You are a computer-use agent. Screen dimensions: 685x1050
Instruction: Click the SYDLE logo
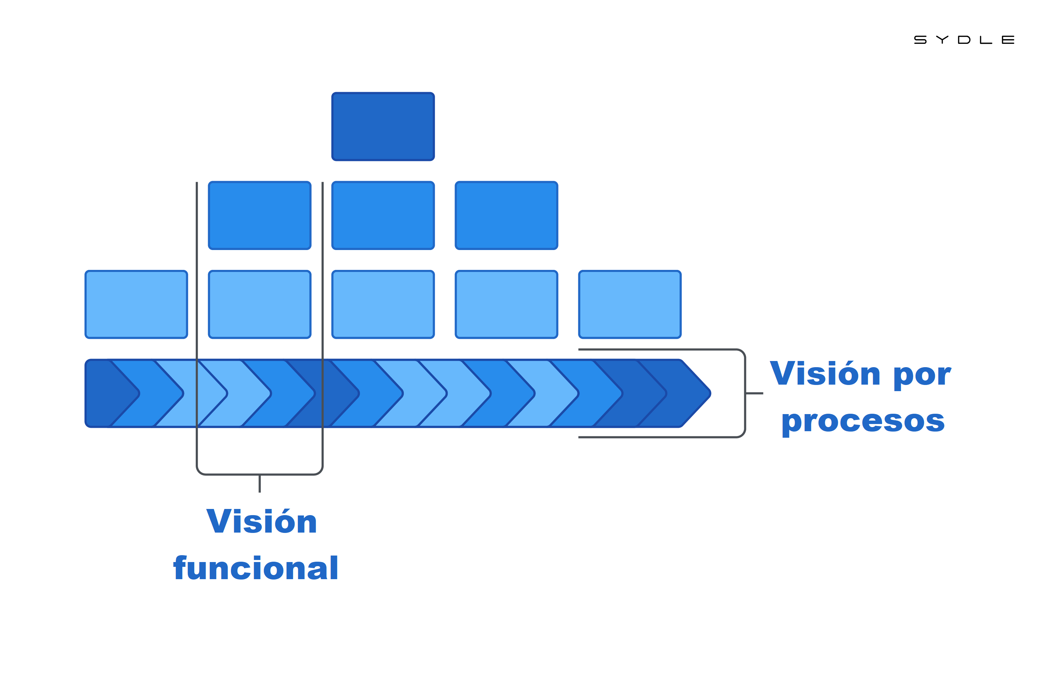pyautogui.click(x=964, y=40)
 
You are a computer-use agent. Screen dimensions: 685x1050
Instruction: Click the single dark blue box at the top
pyautogui.click(x=383, y=126)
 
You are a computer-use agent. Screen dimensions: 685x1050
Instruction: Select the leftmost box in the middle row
pyautogui.click(x=260, y=215)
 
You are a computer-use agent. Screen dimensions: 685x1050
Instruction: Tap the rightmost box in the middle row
pyautogui.click(x=506, y=215)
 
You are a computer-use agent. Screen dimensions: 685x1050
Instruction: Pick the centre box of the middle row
pyautogui.click(x=383, y=215)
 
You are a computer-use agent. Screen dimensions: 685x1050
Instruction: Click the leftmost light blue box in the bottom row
pyautogui.click(x=136, y=304)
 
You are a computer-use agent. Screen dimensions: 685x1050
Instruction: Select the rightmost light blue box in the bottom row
pyautogui.click(x=630, y=304)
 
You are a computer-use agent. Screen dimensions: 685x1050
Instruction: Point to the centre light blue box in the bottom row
pyautogui.click(x=383, y=304)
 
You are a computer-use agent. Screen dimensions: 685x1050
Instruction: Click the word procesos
pyautogui.click(x=862, y=422)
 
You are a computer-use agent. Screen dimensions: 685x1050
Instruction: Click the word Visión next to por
pyautogui.click(x=825, y=374)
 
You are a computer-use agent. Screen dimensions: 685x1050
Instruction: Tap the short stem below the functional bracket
pyautogui.click(x=260, y=484)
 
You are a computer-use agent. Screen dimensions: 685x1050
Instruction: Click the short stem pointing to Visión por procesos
pyautogui.click(x=755, y=393)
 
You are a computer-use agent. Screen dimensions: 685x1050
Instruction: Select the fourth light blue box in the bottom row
pyautogui.click(x=506, y=304)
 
